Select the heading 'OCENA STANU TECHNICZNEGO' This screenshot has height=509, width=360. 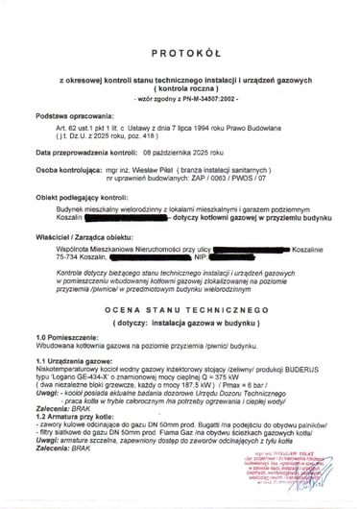coord(180,310)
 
